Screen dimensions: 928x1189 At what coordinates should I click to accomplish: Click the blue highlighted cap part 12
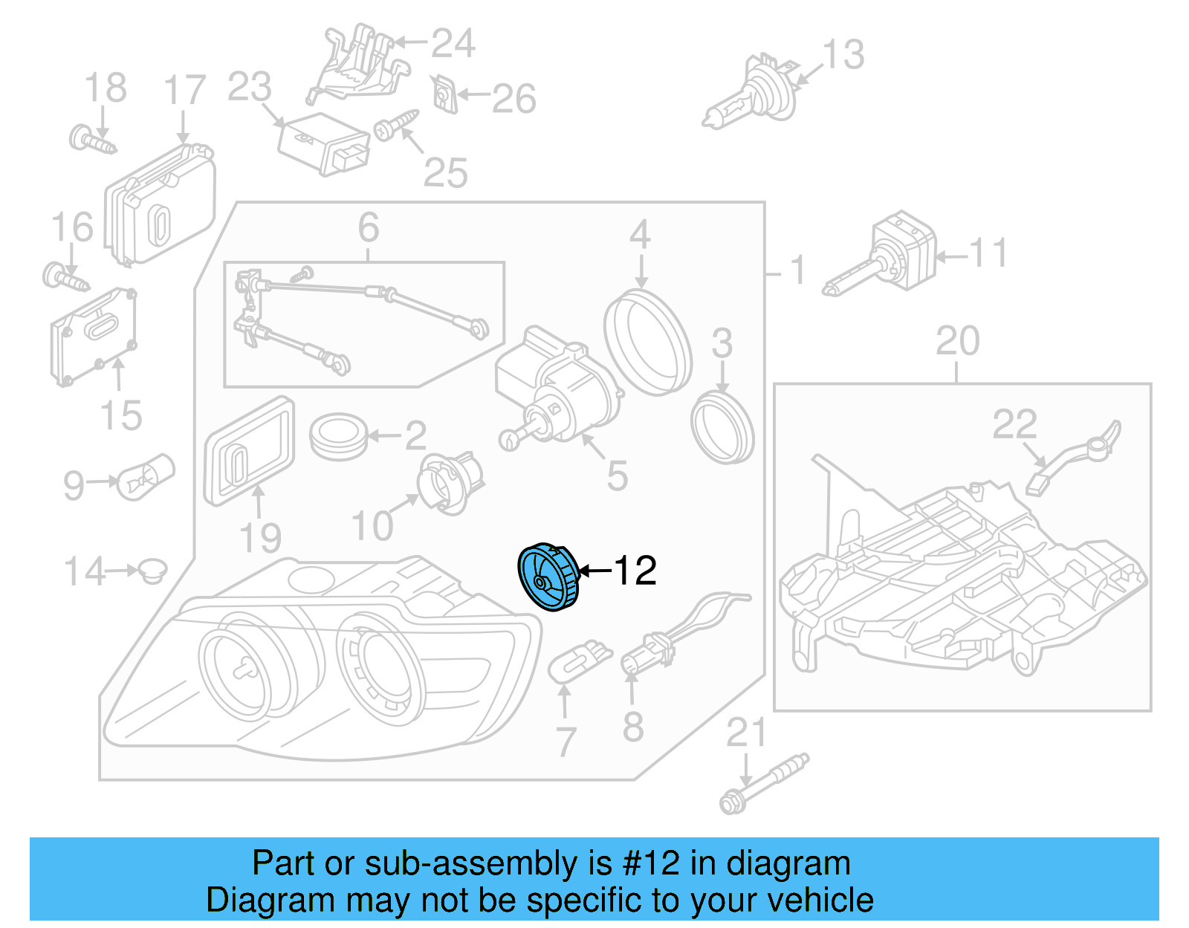point(548,577)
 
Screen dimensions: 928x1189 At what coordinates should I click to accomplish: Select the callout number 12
point(635,571)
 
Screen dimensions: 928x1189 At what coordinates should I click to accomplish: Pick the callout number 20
point(957,342)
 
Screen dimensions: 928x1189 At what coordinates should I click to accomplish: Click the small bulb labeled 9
point(146,477)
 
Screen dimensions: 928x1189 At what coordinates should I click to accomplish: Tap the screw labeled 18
point(91,140)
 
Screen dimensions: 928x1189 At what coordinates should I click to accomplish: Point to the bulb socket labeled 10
point(450,482)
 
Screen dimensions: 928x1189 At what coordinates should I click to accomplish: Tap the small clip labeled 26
point(444,94)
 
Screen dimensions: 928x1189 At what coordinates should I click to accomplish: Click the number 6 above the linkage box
point(369,227)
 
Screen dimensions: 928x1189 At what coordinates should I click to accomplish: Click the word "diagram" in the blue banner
point(788,863)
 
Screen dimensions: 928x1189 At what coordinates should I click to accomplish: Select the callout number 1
point(797,270)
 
